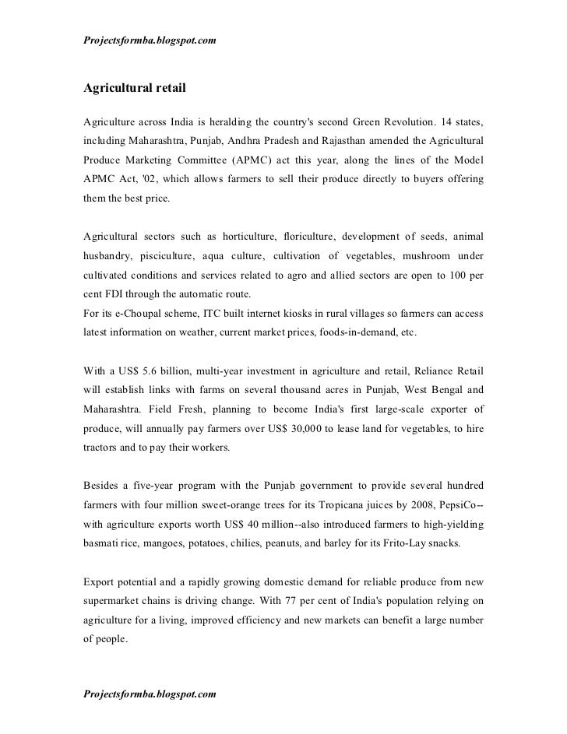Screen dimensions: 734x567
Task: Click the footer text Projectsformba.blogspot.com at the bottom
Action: (x=149, y=692)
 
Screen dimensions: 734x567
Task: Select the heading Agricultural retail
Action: (x=135, y=88)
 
